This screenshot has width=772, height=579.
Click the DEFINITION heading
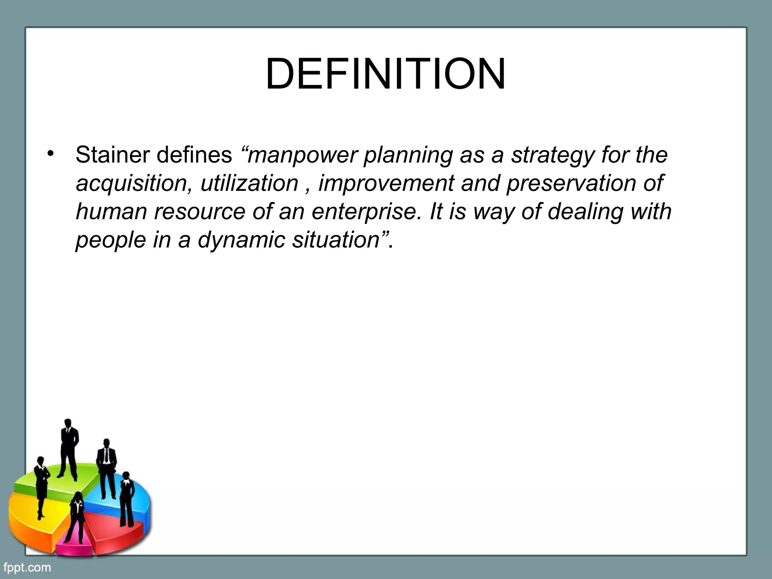385,74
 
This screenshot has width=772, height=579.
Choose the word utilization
249,184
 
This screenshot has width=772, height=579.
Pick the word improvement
386,184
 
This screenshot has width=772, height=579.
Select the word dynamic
241,240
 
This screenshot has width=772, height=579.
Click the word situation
336,240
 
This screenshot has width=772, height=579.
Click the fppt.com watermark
27,567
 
